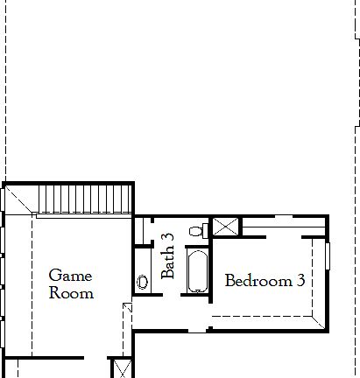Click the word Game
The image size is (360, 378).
pyautogui.click(x=70, y=276)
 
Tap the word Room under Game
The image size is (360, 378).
pyautogui.click(x=70, y=293)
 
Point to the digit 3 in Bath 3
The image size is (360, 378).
pyautogui.click(x=169, y=238)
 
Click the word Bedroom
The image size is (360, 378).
pyautogui.click(x=257, y=282)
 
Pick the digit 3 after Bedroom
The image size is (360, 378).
pyautogui.click(x=300, y=282)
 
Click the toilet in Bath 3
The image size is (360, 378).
pyautogui.click(x=204, y=230)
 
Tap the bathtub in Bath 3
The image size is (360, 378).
pyautogui.click(x=198, y=273)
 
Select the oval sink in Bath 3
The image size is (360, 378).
pyautogui.click(x=143, y=283)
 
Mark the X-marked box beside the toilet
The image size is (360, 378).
pyautogui.click(x=225, y=227)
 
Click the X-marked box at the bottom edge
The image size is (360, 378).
pyautogui.click(x=120, y=367)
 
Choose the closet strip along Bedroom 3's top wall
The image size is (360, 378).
pyautogui.click(x=280, y=231)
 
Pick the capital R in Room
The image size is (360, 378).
pyautogui.click(x=54, y=293)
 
